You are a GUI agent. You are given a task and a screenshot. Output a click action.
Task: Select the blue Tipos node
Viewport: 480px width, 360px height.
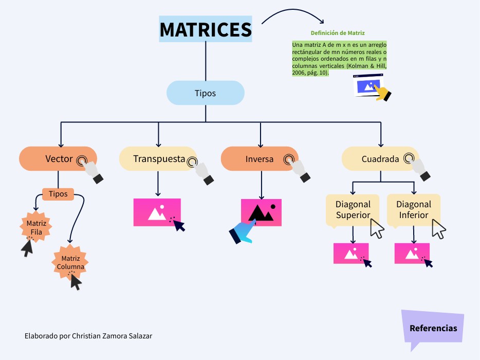(x=205, y=93)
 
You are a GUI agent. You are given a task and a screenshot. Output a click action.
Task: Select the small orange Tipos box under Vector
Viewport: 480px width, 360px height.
(x=58, y=194)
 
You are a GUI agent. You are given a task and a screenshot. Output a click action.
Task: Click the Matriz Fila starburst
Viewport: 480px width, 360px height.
(x=36, y=227)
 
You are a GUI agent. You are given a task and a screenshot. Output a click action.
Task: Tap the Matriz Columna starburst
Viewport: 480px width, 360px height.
(x=70, y=262)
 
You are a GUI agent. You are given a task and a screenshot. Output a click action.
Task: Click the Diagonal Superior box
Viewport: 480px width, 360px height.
(x=353, y=210)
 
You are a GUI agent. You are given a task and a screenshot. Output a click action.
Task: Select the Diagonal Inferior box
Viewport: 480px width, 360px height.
(x=414, y=210)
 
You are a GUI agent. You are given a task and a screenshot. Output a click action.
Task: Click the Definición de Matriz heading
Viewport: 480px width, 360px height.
(x=338, y=33)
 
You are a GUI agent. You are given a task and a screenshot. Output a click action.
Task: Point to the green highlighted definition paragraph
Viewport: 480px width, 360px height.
(x=339, y=59)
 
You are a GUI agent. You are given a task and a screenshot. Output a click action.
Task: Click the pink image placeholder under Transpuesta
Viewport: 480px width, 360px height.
(x=157, y=212)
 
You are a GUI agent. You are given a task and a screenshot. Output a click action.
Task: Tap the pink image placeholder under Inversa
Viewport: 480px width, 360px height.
(x=262, y=212)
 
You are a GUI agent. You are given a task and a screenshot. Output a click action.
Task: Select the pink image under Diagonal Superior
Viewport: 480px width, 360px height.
(x=351, y=253)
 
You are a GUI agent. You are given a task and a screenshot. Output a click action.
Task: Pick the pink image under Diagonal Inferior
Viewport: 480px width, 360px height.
(x=412, y=253)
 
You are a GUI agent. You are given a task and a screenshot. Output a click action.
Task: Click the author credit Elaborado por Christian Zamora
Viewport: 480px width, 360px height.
(x=88, y=336)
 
